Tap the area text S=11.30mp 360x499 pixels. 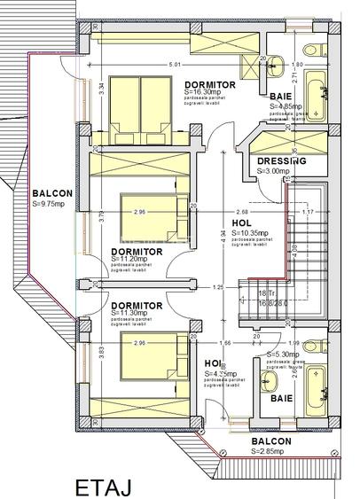(134, 313)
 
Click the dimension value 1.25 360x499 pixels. (218, 288)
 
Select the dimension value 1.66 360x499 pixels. (226, 342)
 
